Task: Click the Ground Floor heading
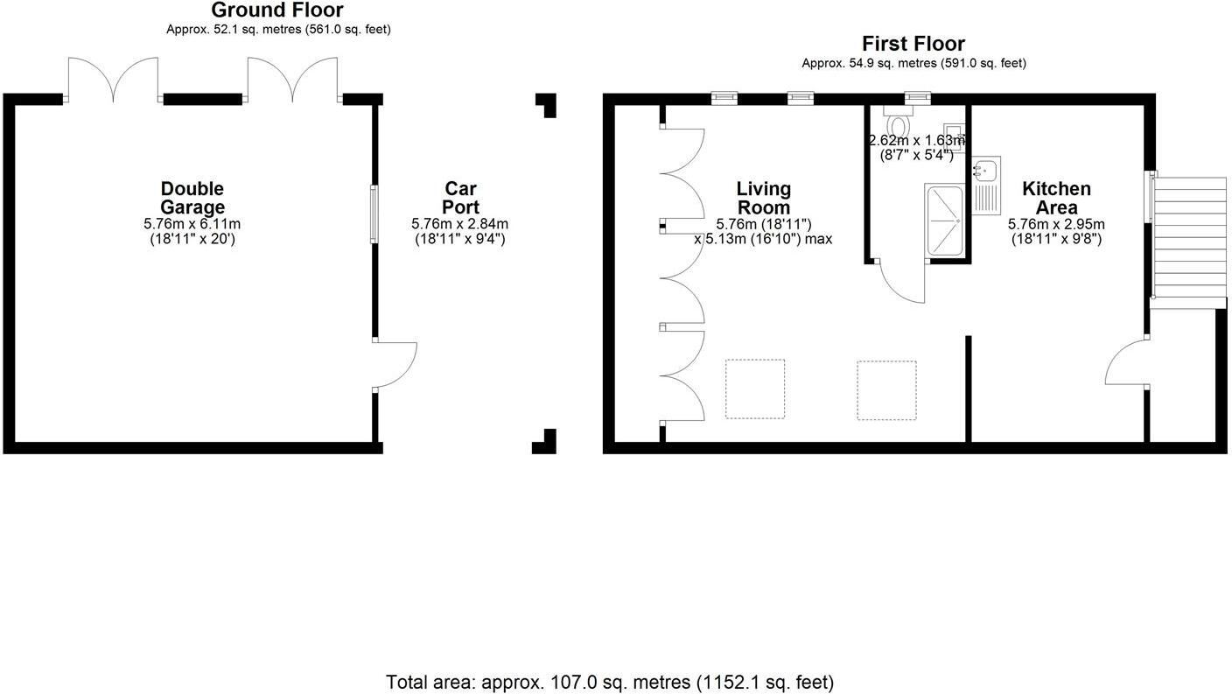pos(277,11)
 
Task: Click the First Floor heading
pos(913,44)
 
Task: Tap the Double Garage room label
pos(192,198)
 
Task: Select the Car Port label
pos(460,198)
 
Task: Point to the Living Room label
pos(763,198)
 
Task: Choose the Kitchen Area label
pos(1056,198)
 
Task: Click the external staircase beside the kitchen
pos(1191,236)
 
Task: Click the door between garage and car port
pos(394,364)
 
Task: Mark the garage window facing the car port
pos(374,214)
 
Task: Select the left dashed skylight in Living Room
pos(754,389)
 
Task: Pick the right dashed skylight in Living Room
pos(886,389)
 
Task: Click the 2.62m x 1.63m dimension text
pos(915,140)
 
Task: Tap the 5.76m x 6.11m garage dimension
pos(192,224)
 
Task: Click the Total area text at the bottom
pos(610,682)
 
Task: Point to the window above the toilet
pos(918,97)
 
